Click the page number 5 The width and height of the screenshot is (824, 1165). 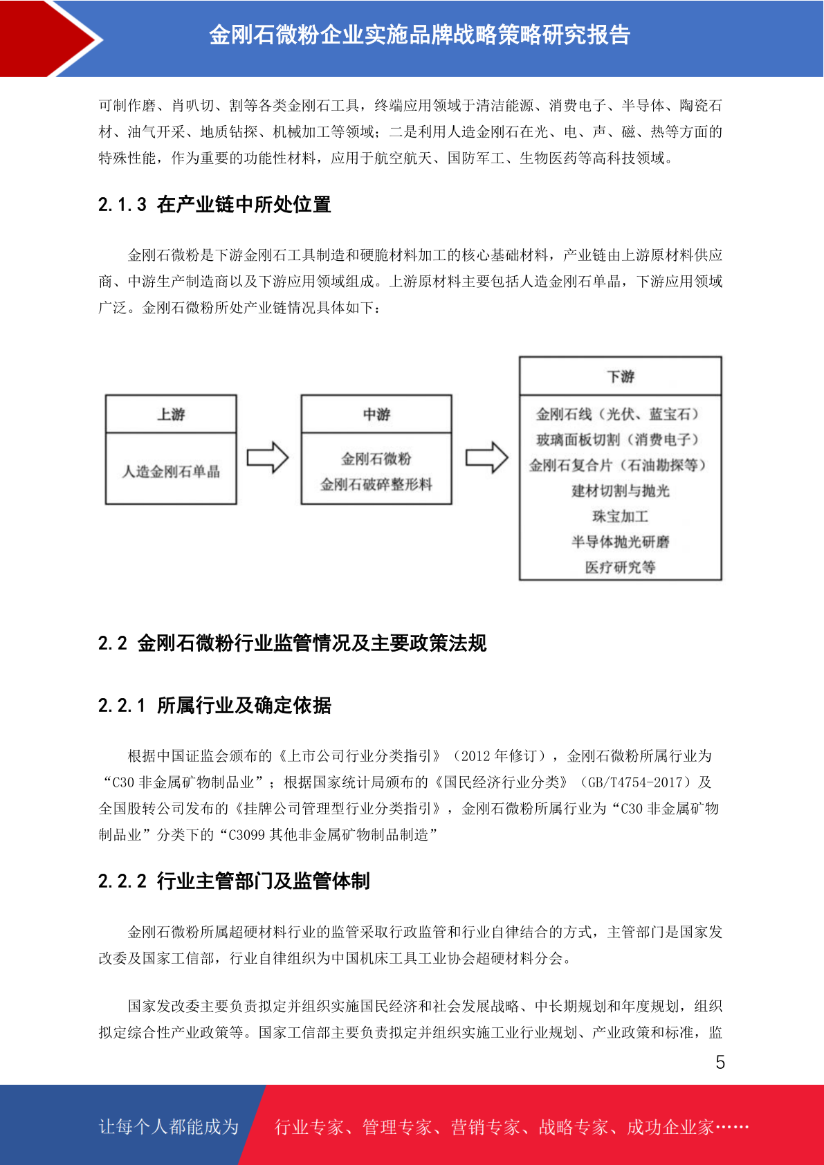coord(720,1061)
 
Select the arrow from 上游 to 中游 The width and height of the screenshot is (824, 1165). coord(267,458)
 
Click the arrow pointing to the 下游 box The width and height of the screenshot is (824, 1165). coord(486,458)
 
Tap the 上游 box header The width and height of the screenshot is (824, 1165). coord(171,414)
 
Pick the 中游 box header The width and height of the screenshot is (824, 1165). coord(376,414)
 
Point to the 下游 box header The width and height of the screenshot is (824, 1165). coord(620,376)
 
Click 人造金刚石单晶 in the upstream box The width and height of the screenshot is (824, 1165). coord(171,471)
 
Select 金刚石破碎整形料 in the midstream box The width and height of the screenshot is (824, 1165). coord(376,484)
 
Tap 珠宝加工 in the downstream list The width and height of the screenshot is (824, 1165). coord(620,516)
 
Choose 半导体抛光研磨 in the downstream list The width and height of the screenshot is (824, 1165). coord(620,542)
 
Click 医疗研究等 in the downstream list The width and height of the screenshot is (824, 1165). coord(620,567)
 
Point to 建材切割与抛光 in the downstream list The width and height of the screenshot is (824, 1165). coord(620,490)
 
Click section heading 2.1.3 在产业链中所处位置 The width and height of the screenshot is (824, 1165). coord(214,204)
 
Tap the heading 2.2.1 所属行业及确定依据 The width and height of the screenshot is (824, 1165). coord(214,705)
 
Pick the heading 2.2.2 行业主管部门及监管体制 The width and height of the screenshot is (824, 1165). coord(234,881)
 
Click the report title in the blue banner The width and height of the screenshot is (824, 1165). coord(419,35)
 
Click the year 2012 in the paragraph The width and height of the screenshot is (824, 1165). coord(475,755)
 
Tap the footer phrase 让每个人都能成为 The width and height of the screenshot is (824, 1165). coord(169,1126)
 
